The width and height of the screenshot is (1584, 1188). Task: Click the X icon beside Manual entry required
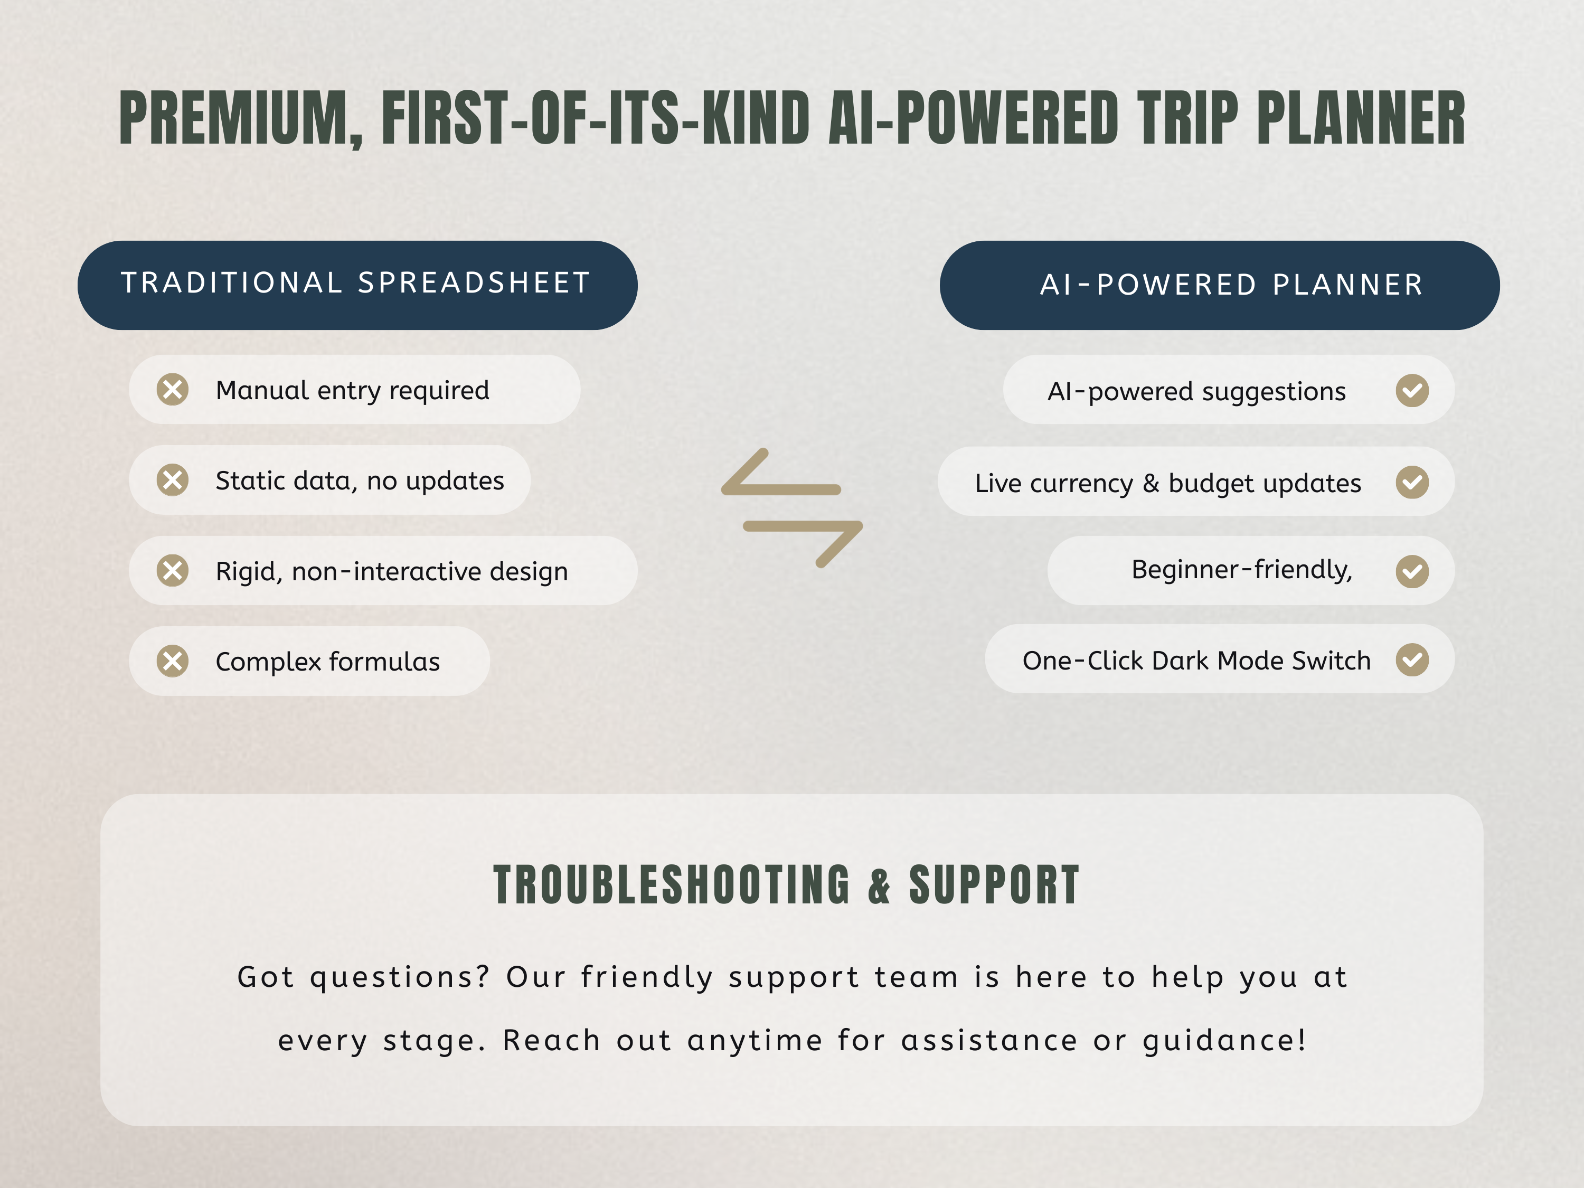coord(173,390)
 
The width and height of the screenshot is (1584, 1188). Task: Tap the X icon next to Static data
coord(173,480)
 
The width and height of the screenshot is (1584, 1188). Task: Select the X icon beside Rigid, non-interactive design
coord(173,571)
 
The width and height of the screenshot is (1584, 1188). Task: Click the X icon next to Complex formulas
coord(173,661)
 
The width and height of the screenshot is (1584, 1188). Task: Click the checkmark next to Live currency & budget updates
coord(1412,482)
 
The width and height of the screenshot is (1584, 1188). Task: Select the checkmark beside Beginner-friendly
coord(1412,571)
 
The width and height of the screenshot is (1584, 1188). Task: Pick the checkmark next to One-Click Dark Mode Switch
coord(1412,659)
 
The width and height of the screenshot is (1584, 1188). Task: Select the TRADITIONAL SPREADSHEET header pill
coord(357,285)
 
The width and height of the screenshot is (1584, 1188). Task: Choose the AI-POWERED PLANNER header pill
coord(1220,285)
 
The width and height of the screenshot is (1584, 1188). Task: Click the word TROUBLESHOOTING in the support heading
coord(672,885)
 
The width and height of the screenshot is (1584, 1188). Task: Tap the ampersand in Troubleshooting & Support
coord(879,886)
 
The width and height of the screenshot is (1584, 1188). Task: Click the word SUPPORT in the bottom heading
coord(994,885)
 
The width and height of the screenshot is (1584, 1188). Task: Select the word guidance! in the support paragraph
coord(1224,1041)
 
